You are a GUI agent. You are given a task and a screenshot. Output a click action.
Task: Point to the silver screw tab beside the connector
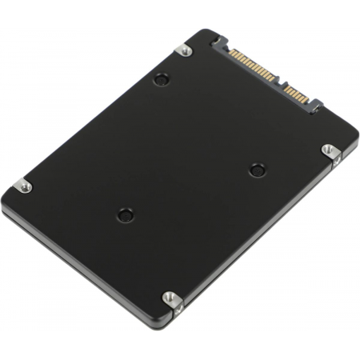(184, 50)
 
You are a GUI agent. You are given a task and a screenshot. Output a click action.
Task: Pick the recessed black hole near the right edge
(255, 169)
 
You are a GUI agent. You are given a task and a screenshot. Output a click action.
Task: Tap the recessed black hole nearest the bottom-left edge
(124, 214)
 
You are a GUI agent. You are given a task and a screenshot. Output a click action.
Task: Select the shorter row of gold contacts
(298, 95)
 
